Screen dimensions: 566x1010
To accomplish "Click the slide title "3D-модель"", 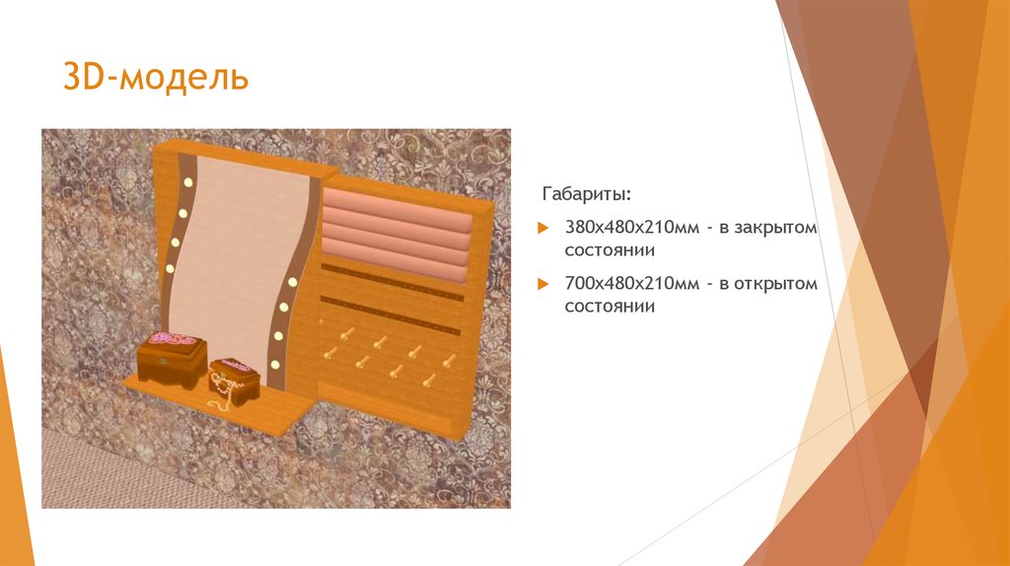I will (x=156, y=77).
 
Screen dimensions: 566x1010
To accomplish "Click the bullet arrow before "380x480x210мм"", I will (x=542, y=228).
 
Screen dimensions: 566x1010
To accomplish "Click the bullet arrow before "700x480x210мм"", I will (x=542, y=284).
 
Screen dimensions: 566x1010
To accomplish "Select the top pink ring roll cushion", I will (x=395, y=203).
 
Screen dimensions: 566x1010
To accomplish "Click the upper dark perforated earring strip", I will (x=393, y=281).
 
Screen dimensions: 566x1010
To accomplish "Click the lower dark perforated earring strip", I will (x=393, y=313).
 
